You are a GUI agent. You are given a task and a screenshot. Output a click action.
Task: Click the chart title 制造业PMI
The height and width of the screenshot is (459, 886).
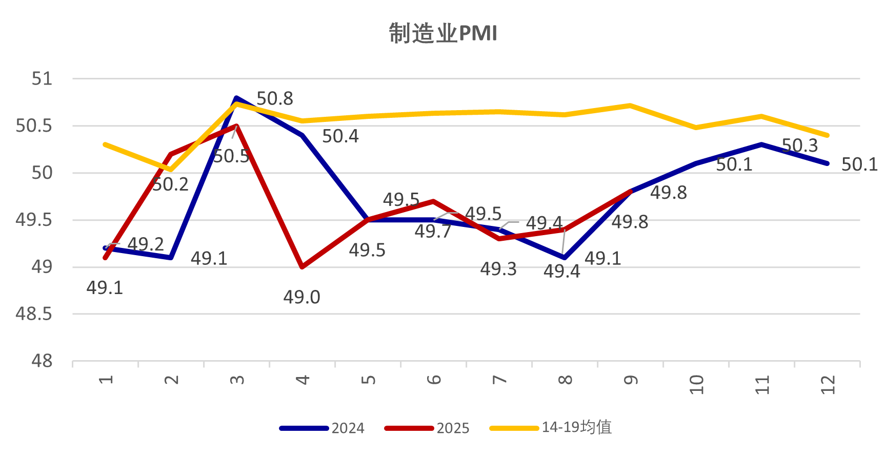pos(443,33)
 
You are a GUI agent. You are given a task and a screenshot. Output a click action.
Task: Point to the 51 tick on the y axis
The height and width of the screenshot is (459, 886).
pos(42,79)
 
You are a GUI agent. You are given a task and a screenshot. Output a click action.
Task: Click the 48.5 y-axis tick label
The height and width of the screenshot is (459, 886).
pos(34,314)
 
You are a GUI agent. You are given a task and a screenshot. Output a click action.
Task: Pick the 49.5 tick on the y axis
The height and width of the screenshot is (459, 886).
pos(34,220)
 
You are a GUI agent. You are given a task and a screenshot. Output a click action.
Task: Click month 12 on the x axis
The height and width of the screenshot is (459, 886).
pos(828,384)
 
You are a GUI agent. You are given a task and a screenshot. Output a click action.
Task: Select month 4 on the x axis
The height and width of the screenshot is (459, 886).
pos(303,380)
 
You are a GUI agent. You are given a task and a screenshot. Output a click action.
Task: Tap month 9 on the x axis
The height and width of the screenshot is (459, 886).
pos(631,380)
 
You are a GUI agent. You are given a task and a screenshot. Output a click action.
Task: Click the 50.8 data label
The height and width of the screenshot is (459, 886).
pos(275,98)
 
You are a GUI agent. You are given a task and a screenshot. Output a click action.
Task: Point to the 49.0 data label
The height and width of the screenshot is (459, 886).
pos(301,297)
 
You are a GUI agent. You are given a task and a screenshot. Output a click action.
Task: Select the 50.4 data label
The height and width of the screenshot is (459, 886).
pos(340,136)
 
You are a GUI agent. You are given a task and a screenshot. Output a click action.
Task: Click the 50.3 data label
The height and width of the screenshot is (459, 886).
pos(800,145)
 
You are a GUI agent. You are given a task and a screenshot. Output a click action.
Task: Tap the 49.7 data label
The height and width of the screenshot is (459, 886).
pos(433,232)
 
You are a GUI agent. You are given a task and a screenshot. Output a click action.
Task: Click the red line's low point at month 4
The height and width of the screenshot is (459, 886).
pos(303,267)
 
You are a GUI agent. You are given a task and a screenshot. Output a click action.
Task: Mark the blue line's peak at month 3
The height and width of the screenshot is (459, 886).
pos(236,98)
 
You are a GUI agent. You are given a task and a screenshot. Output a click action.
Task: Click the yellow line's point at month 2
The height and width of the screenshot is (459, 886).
pos(171,170)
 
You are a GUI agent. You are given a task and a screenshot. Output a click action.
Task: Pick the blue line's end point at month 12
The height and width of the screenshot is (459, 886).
pos(827,163)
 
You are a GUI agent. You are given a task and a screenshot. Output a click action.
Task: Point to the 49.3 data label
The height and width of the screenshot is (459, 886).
pos(498,269)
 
